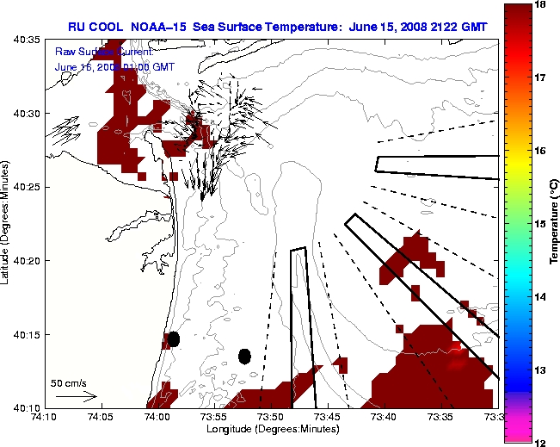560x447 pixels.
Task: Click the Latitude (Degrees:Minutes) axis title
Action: click(7, 223)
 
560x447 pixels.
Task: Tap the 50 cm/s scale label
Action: click(68, 382)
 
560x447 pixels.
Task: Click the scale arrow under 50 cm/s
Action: click(76, 396)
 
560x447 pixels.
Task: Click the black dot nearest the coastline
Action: click(174, 338)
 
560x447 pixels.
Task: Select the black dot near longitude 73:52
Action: click(245, 356)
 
